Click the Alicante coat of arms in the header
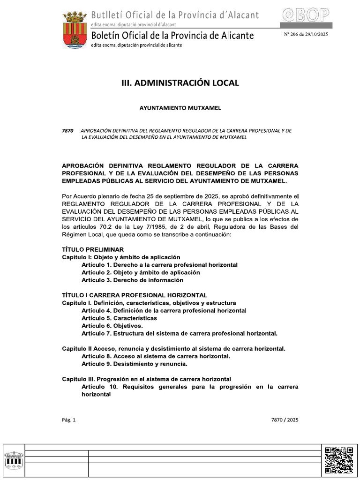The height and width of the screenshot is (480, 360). (75, 30)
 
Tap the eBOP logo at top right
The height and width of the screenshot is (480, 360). (307, 16)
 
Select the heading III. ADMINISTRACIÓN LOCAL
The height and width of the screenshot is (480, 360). (180, 83)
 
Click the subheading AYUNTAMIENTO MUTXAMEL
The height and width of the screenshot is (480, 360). (180, 108)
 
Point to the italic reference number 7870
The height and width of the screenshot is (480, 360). (68, 130)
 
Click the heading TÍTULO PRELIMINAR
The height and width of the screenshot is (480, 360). (93, 249)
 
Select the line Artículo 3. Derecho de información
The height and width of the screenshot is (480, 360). (132, 280)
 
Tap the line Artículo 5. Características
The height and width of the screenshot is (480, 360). (119, 318)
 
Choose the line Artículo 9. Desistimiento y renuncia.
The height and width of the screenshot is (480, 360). (135, 364)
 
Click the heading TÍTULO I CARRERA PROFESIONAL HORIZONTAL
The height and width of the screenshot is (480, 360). (135, 295)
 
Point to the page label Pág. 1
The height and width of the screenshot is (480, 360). (68, 420)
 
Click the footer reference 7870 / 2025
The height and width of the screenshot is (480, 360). (285, 420)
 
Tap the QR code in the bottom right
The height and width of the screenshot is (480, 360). (339, 460)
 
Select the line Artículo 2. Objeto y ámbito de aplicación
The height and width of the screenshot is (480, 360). (141, 272)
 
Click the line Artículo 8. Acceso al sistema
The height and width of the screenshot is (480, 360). (156, 356)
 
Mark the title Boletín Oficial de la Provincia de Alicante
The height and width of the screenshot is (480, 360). (172, 36)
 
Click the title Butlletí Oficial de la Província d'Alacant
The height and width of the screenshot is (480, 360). (175, 15)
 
